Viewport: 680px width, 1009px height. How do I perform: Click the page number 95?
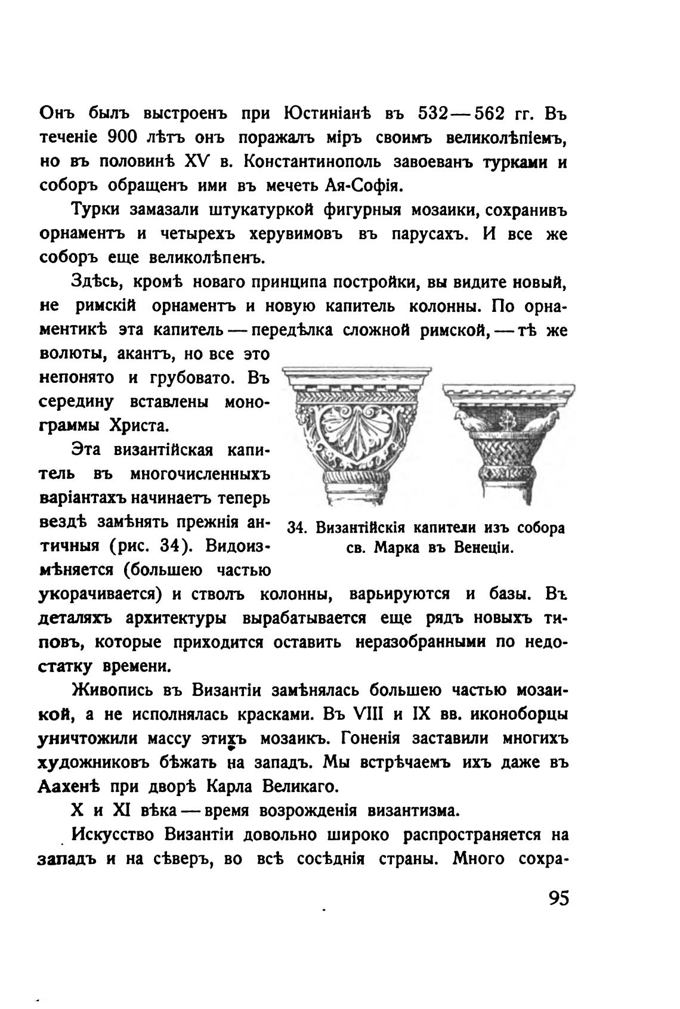pyautogui.click(x=558, y=899)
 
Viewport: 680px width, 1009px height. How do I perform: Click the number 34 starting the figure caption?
pyautogui.click(x=297, y=529)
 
